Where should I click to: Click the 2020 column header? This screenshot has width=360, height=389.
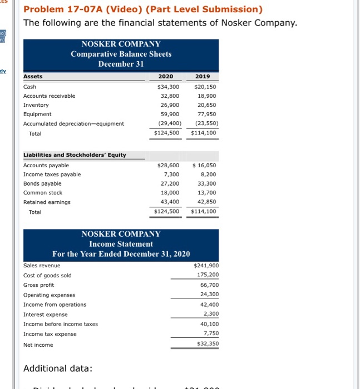coord(166,77)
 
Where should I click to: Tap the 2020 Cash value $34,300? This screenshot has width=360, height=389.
coord(166,86)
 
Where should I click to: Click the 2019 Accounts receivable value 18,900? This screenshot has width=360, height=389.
coord(206,96)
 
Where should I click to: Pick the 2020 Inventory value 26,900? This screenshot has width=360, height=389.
coord(169,105)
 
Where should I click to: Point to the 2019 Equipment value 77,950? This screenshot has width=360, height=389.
coord(206,114)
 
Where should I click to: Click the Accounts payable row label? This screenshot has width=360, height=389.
coord(46,165)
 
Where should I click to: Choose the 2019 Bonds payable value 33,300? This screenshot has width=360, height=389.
coord(206,183)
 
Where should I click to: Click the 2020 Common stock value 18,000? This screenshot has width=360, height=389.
coord(169,193)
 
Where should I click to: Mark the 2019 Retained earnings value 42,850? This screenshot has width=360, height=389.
coord(206,202)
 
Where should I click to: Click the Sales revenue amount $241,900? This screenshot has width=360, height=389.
coord(208,265)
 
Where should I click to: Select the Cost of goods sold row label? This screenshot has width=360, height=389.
coord(47,275)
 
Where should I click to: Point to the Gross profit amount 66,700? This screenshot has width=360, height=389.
coord(210,285)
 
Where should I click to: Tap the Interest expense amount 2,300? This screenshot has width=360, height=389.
coord(211,314)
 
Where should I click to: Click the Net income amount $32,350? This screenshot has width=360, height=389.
coord(208,344)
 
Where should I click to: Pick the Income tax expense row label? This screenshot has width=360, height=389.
coord(50,334)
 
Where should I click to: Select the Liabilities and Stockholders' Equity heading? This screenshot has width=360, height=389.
coord(75,154)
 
